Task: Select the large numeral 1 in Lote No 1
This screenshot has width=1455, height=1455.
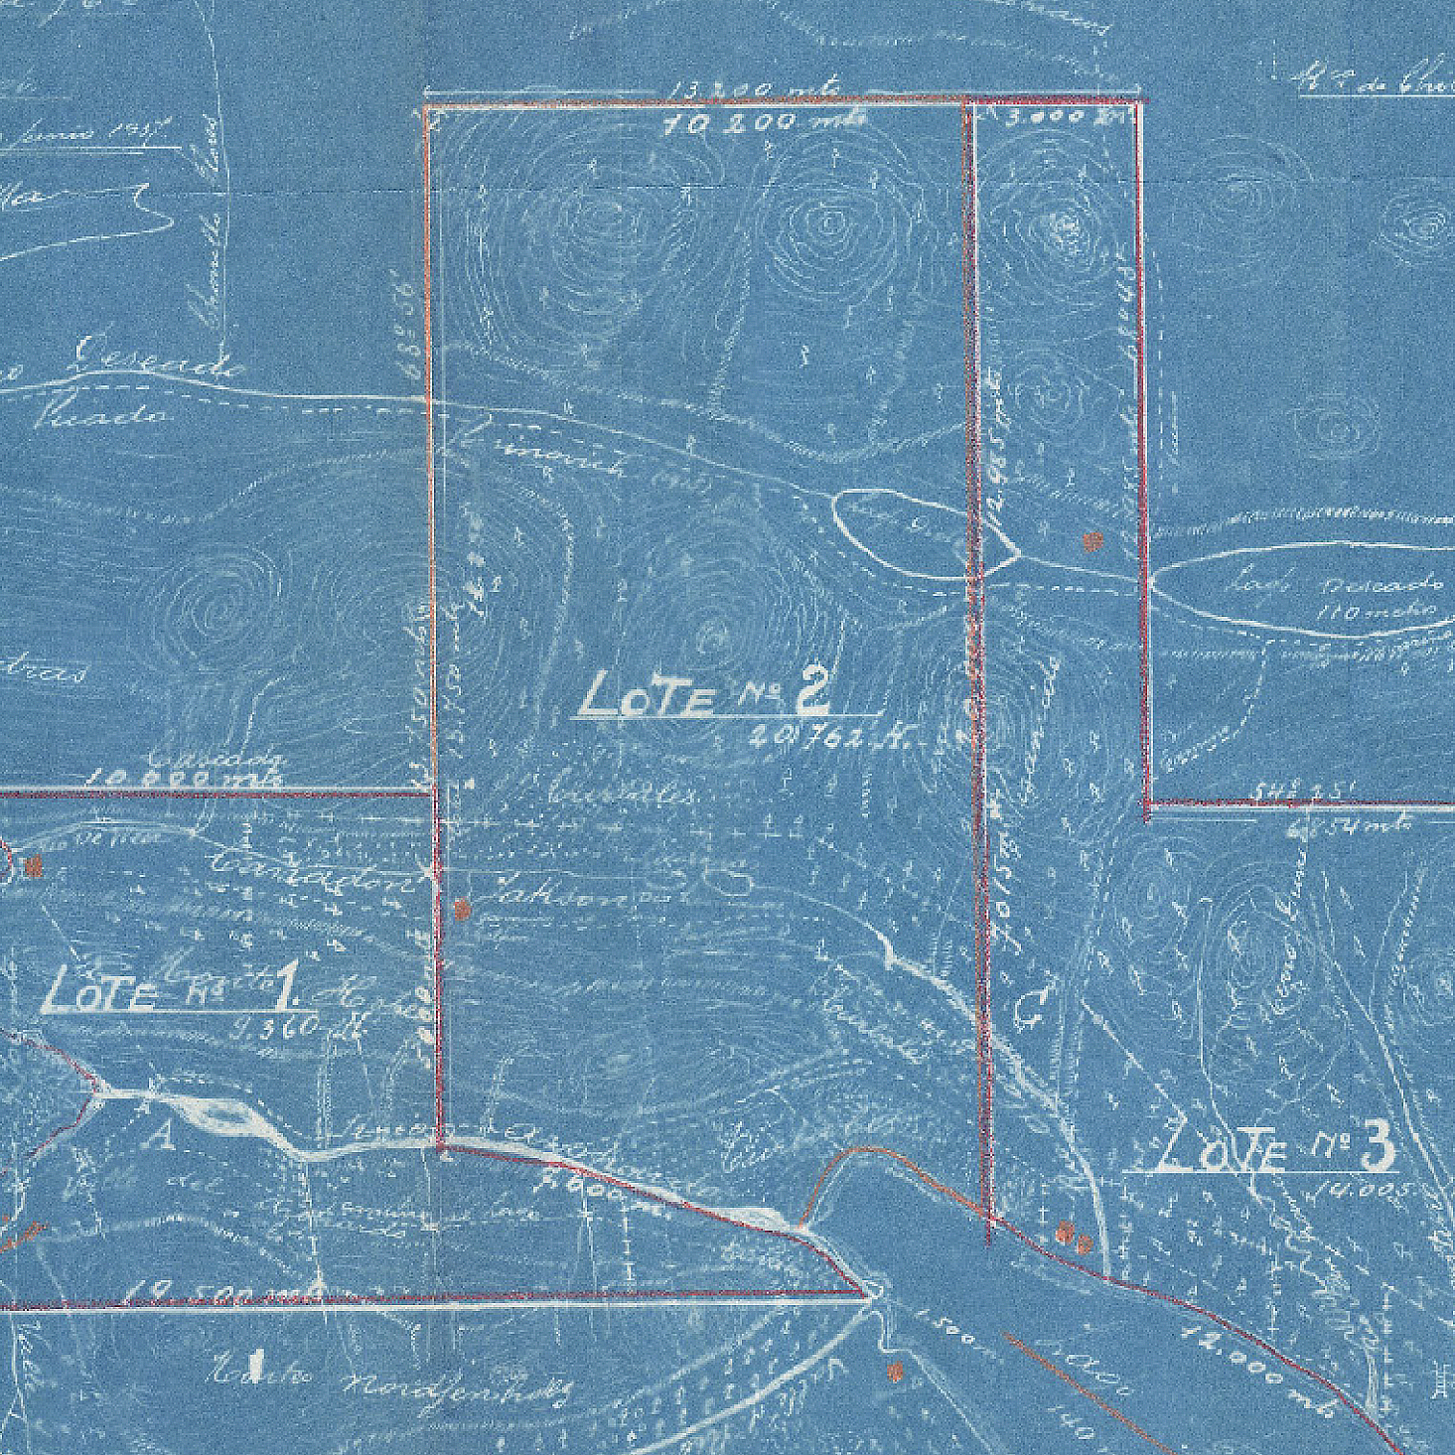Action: [x=286, y=989]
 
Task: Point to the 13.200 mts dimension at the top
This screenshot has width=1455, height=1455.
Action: [x=755, y=88]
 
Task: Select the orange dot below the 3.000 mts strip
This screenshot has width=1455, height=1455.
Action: [x=1092, y=541]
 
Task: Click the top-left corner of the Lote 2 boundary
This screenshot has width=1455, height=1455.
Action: [x=426, y=105]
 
